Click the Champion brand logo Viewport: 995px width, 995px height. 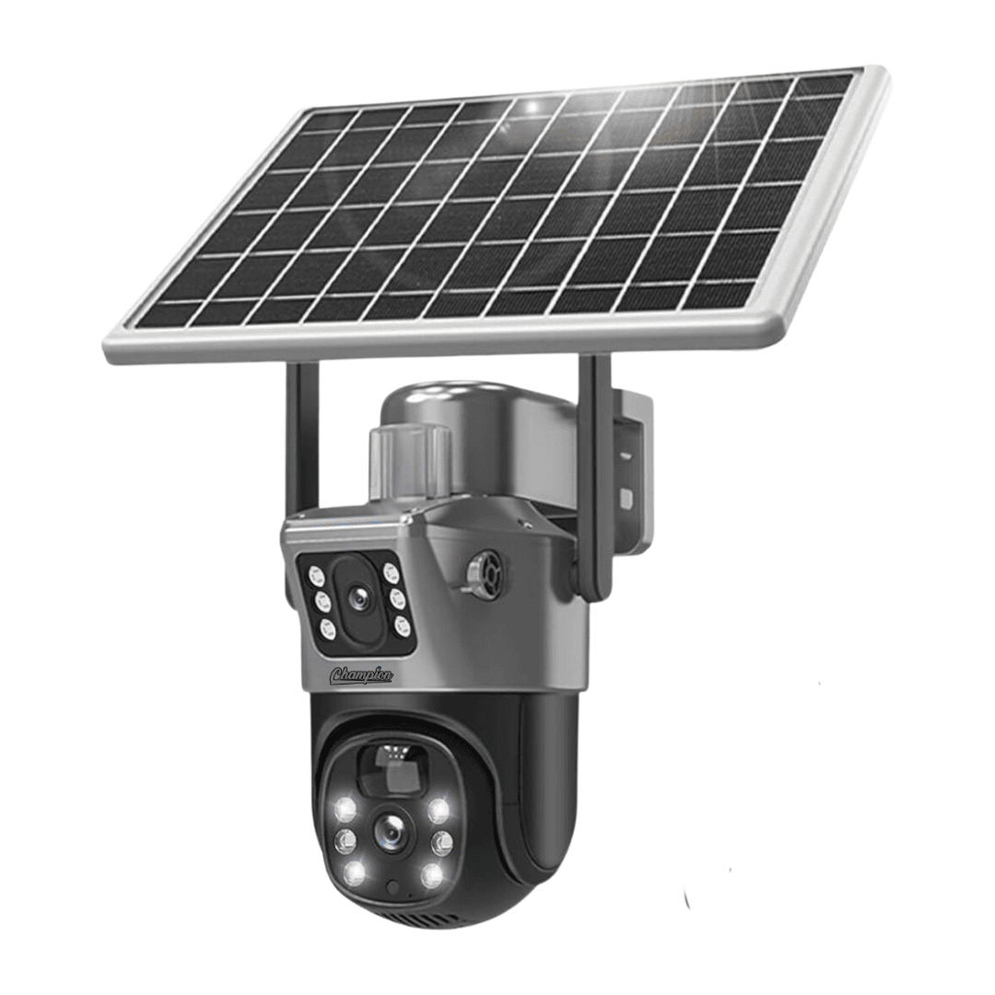tap(361, 674)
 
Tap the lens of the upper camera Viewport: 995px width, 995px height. tap(357, 596)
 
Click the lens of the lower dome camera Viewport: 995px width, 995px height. tap(391, 829)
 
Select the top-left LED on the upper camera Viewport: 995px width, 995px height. tap(315, 576)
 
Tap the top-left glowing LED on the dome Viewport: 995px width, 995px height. tap(346, 809)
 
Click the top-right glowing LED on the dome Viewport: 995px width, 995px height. tap(438, 810)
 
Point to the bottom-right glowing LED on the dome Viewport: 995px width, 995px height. tap(431, 875)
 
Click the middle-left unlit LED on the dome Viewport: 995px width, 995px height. tap(345, 842)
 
